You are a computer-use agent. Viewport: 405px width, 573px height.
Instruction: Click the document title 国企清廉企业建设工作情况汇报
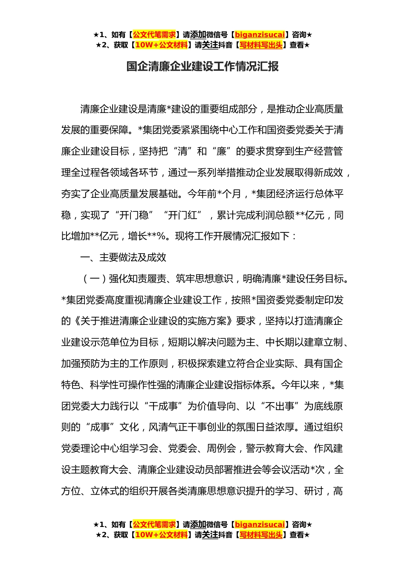click(x=202, y=67)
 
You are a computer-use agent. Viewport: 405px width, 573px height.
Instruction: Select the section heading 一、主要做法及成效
click(x=123, y=258)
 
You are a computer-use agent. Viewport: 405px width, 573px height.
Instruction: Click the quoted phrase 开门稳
click(x=134, y=215)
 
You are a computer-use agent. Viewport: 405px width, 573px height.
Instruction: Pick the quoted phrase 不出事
click(x=280, y=406)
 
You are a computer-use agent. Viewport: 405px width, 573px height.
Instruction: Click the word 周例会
click(x=221, y=449)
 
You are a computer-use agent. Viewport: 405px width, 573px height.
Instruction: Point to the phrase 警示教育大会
click(x=275, y=449)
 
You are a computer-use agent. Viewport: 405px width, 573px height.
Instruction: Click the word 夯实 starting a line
click(x=71, y=194)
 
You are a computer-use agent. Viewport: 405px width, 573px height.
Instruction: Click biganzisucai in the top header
click(x=260, y=35)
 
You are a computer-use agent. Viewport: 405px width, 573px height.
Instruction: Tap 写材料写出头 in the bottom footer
click(x=260, y=535)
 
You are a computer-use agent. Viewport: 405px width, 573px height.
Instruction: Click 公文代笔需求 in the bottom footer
click(x=154, y=525)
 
